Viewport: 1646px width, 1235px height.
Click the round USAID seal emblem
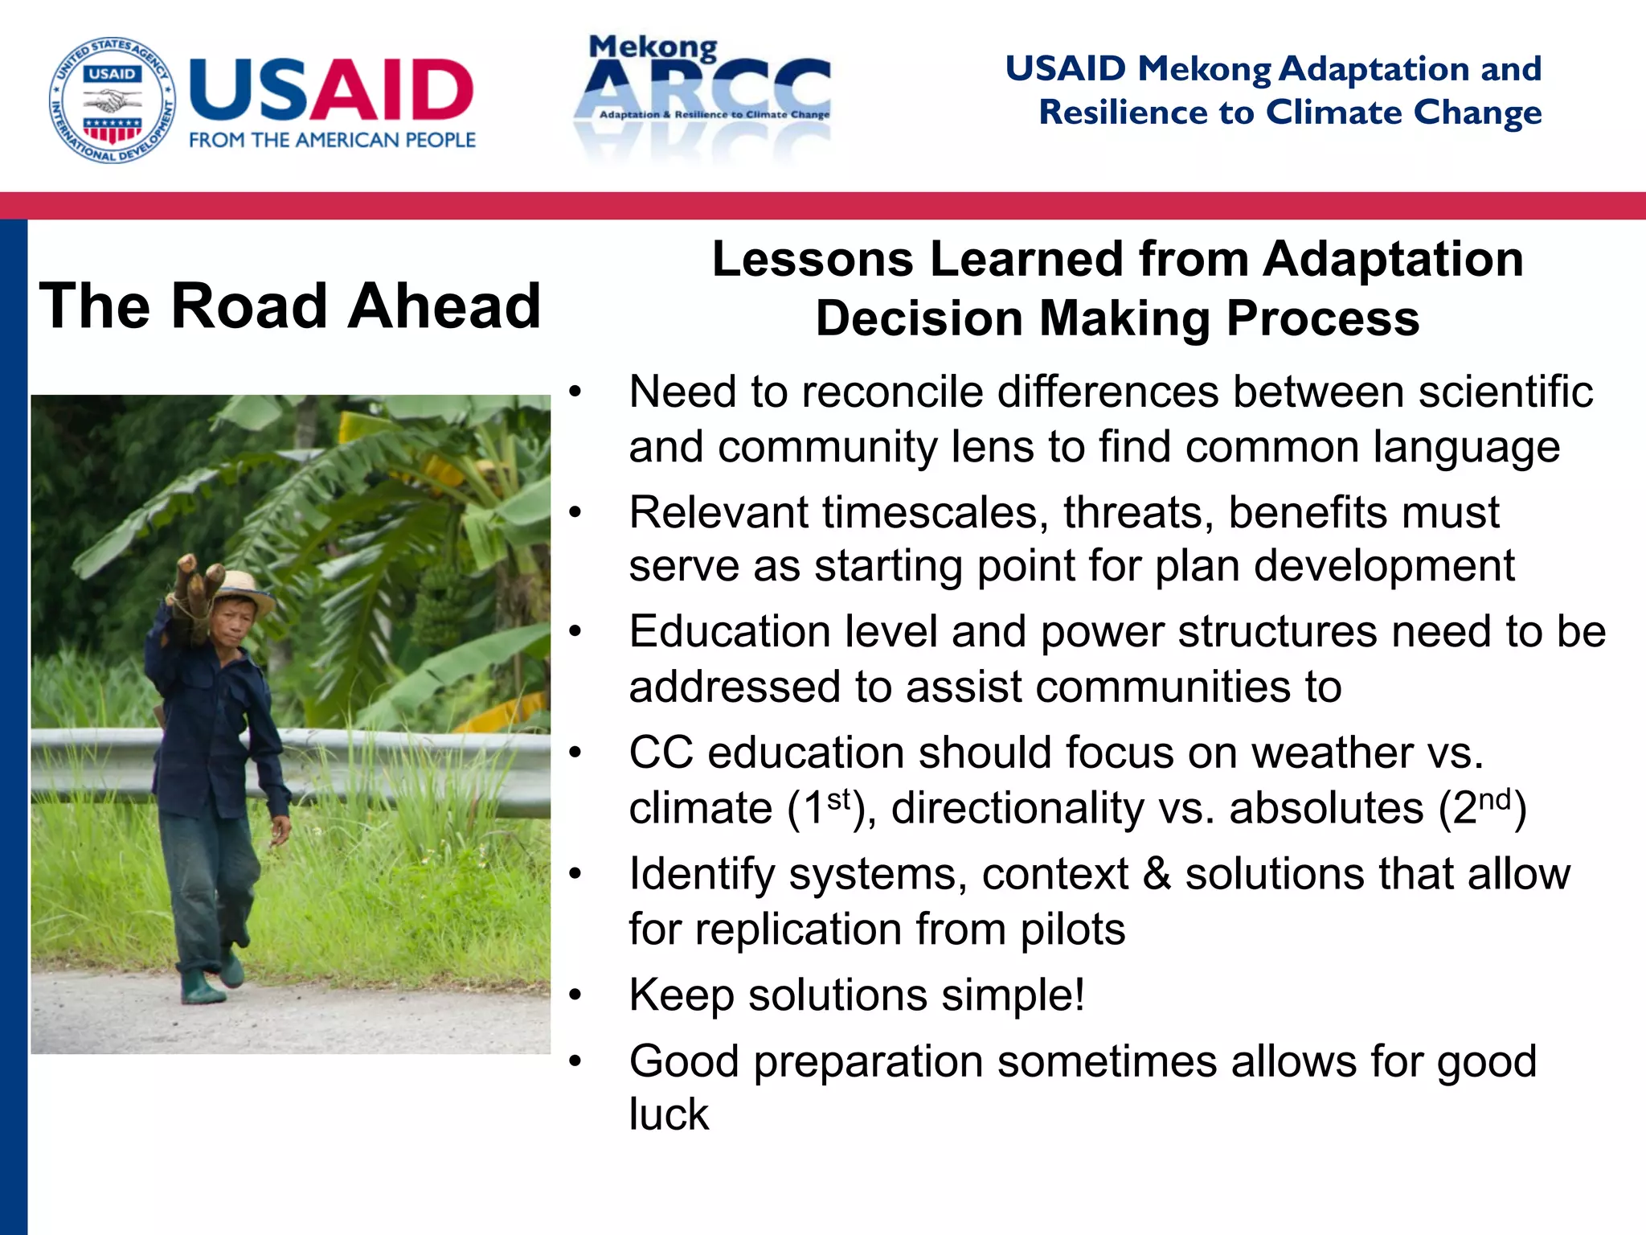(113, 100)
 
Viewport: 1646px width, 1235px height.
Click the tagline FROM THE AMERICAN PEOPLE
(332, 140)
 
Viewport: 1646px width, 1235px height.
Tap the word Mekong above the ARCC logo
(653, 48)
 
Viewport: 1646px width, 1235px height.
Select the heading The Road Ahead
(289, 306)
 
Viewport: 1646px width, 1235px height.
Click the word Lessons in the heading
(813, 260)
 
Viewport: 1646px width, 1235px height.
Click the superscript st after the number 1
(838, 799)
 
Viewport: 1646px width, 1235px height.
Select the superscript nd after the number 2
(1495, 799)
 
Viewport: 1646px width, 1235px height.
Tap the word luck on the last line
(669, 1115)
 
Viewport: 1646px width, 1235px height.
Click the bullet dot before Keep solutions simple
(574, 996)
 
